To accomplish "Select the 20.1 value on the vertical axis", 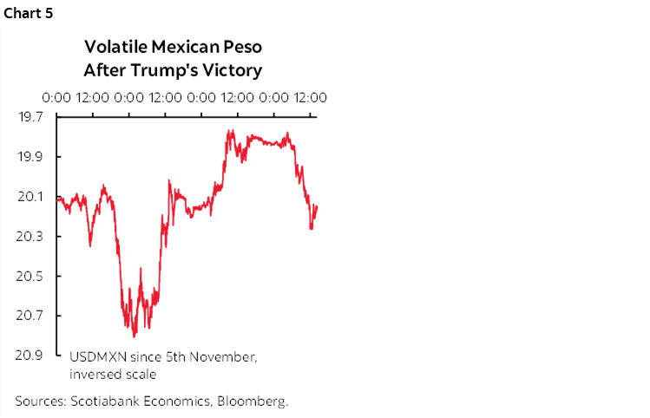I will pyautogui.click(x=32, y=197).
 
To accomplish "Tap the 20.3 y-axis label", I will pyautogui.click(x=32, y=237).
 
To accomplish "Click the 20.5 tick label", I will pyautogui.click(x=32, y=277).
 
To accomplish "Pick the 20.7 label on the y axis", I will pyautogui.click(x=32, y=316).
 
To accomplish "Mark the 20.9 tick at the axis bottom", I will pyautogui.click(x=32, y=356).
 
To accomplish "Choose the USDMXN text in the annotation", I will pyautogui.click(x=94, y=357).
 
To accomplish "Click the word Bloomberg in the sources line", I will pyautogui.click(x=253, y=402).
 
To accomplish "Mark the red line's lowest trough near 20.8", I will pyautogui.click(x=135, y=335).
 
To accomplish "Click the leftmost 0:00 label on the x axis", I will pyautogui.click(x=56, y=98).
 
